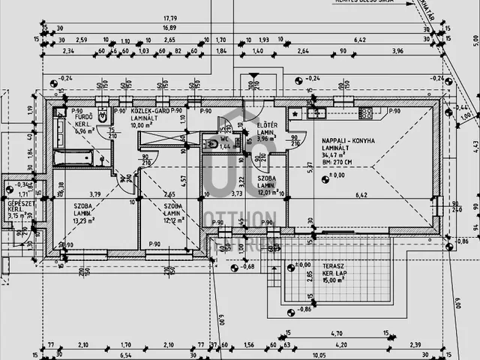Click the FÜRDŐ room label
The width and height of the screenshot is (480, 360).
click(84, 118)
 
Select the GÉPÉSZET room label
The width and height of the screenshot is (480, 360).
click(18, 202)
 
